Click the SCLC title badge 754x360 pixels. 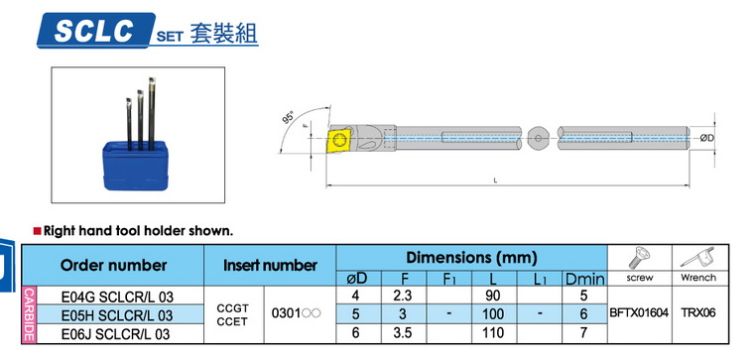(96, 31)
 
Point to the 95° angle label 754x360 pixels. (289, 117)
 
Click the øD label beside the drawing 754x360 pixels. (706, 139)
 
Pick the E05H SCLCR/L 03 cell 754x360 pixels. (117, 315)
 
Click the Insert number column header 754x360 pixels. (270, 265)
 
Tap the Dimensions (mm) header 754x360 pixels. (471, 258)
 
